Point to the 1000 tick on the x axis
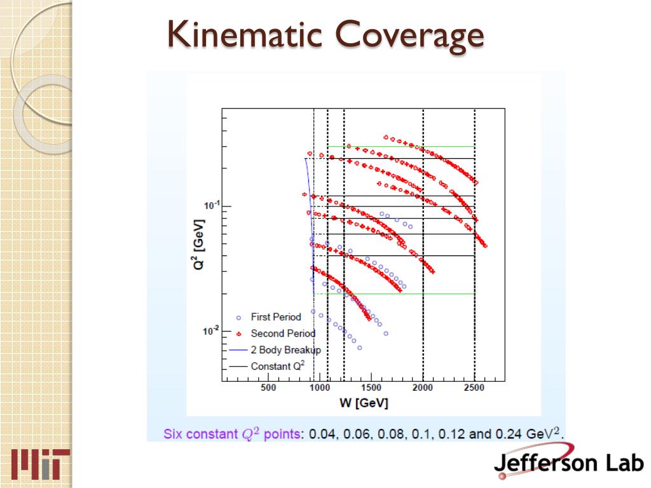(320, 388)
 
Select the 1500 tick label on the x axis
(371, 388)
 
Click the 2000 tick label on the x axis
(423, 388)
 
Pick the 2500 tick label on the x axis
(474, 388)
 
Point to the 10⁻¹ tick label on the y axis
(209, 205)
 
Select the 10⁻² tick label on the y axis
(209, 330)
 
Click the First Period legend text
(276, 317)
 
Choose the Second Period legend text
(283, 334)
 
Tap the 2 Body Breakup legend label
(285, 350)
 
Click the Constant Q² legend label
(278, 366)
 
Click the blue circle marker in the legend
(238, 317)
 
